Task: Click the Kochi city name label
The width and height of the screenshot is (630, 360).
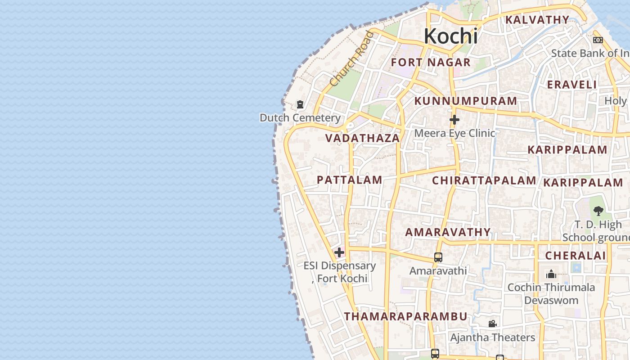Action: click(x=450, y=36)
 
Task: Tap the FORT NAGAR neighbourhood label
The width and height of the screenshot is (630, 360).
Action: click(x=431, y=63)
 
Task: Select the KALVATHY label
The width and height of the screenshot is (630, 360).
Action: click(x=537, y=20)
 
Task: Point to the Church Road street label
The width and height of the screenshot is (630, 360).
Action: click(x=351, y=58)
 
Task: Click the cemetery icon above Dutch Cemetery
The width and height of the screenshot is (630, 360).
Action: click(x=300, y=105)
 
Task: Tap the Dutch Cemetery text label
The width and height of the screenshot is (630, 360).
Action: click(x=300, y=118)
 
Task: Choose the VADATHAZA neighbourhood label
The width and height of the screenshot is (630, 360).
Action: click(x=363, y=138)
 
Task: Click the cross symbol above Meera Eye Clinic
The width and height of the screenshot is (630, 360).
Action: click(x=454, y=120)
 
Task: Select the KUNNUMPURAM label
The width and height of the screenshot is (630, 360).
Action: click(x=466, y=101)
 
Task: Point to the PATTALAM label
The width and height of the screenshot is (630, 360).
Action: click(x=350, y=180)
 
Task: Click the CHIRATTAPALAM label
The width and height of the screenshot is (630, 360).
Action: click(x=484, y=180)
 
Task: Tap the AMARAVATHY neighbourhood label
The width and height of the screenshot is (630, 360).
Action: click(x=448, y=232)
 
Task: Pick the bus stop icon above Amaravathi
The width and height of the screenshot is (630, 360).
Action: click(x=438, y=257)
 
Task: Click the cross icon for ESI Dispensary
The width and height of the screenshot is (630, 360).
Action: click(x=339, y=252)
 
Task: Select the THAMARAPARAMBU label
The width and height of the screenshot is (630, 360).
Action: click(x=406, y=316)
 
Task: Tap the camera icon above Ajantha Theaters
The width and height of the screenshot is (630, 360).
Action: click(x=493, y=324)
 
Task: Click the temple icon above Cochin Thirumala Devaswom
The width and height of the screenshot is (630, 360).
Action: click(x=551, y=274)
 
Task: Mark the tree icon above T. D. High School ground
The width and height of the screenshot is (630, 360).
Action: click(x=598, y=211)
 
